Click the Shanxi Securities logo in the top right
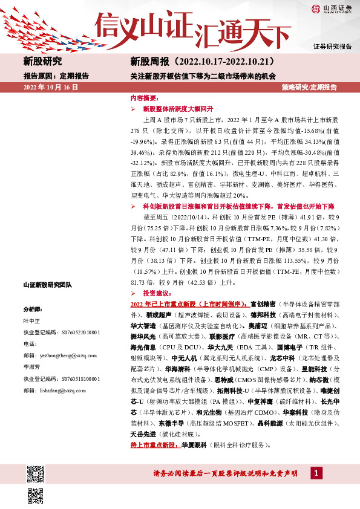pos(332,9)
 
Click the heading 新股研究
pos(42,61)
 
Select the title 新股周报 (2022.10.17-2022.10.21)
pos(203,61)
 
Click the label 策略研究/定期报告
pos(309,88)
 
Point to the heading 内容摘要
pos(144,97)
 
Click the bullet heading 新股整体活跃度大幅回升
pos(175,109)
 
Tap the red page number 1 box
pos(317,472)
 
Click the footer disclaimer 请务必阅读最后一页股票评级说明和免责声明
pos(226,473)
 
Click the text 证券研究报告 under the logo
pos(332,47)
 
